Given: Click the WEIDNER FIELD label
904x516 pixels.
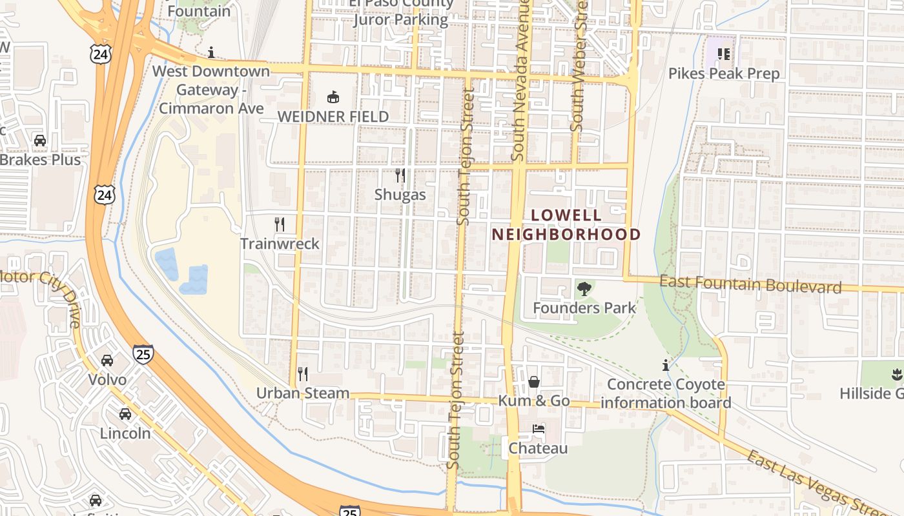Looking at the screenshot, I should [333, 117].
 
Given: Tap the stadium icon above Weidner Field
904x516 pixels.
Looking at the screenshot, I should [333, 97].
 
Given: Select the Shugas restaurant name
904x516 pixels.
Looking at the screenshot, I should [400, 195].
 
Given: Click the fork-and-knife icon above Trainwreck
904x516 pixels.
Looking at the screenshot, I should [280, 224].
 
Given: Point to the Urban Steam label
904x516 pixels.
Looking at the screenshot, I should [303, 393].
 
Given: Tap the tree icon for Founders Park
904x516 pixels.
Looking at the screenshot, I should [584, 289].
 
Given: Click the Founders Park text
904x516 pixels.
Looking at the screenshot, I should [584, 308].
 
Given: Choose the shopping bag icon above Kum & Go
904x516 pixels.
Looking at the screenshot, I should [534, 382].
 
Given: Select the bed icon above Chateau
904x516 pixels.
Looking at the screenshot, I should [538, 429].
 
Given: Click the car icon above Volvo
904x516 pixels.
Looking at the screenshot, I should [107, 361].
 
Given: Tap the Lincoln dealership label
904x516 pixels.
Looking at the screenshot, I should [125, 433].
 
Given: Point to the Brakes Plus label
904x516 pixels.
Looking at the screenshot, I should [41, 159].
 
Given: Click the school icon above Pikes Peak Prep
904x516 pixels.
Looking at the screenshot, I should [723, 54].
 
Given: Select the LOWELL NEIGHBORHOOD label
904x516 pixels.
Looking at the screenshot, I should [566, 224].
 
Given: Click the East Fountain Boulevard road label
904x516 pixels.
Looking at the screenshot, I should [751, 284].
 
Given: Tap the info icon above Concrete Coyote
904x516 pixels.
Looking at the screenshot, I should [666, 366].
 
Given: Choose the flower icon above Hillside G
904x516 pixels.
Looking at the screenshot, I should [896, 373].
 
